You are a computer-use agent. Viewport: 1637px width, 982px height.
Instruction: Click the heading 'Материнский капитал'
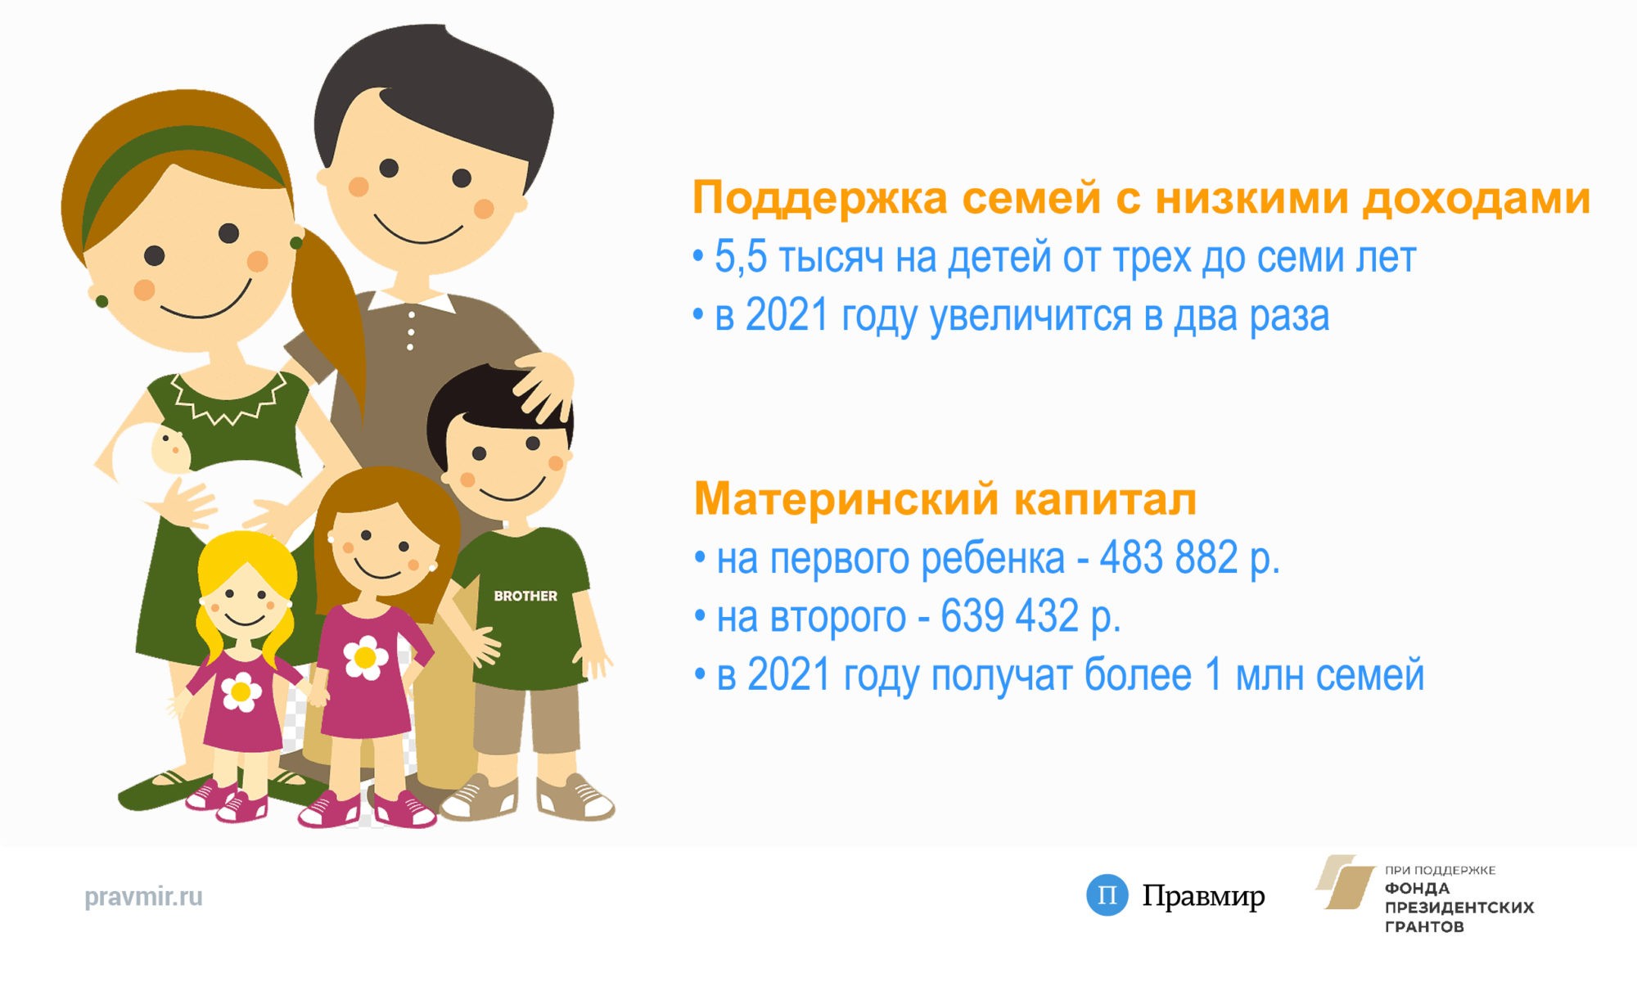(945, 499)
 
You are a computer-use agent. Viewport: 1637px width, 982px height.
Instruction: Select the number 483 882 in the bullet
(1169, 558)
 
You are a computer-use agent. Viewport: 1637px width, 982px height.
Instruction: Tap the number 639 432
(1010, 616)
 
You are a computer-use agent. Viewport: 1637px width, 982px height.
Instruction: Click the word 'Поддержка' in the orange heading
(820, 199)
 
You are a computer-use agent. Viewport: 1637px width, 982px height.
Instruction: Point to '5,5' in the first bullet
(741, 256)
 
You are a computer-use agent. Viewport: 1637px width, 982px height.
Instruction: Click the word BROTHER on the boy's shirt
(525, 596)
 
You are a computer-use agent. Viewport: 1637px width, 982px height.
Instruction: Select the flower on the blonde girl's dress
(241, 692)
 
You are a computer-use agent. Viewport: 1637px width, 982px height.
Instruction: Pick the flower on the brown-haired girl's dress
(365, 657)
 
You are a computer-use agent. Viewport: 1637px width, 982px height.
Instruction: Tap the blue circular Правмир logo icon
(1107, 895)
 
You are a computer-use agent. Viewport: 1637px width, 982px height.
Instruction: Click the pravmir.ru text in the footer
(143, 897)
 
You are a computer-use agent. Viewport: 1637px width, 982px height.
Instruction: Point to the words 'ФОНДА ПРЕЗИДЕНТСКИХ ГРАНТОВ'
(1459, 908)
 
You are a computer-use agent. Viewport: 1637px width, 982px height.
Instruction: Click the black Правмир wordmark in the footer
(1203, 897)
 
